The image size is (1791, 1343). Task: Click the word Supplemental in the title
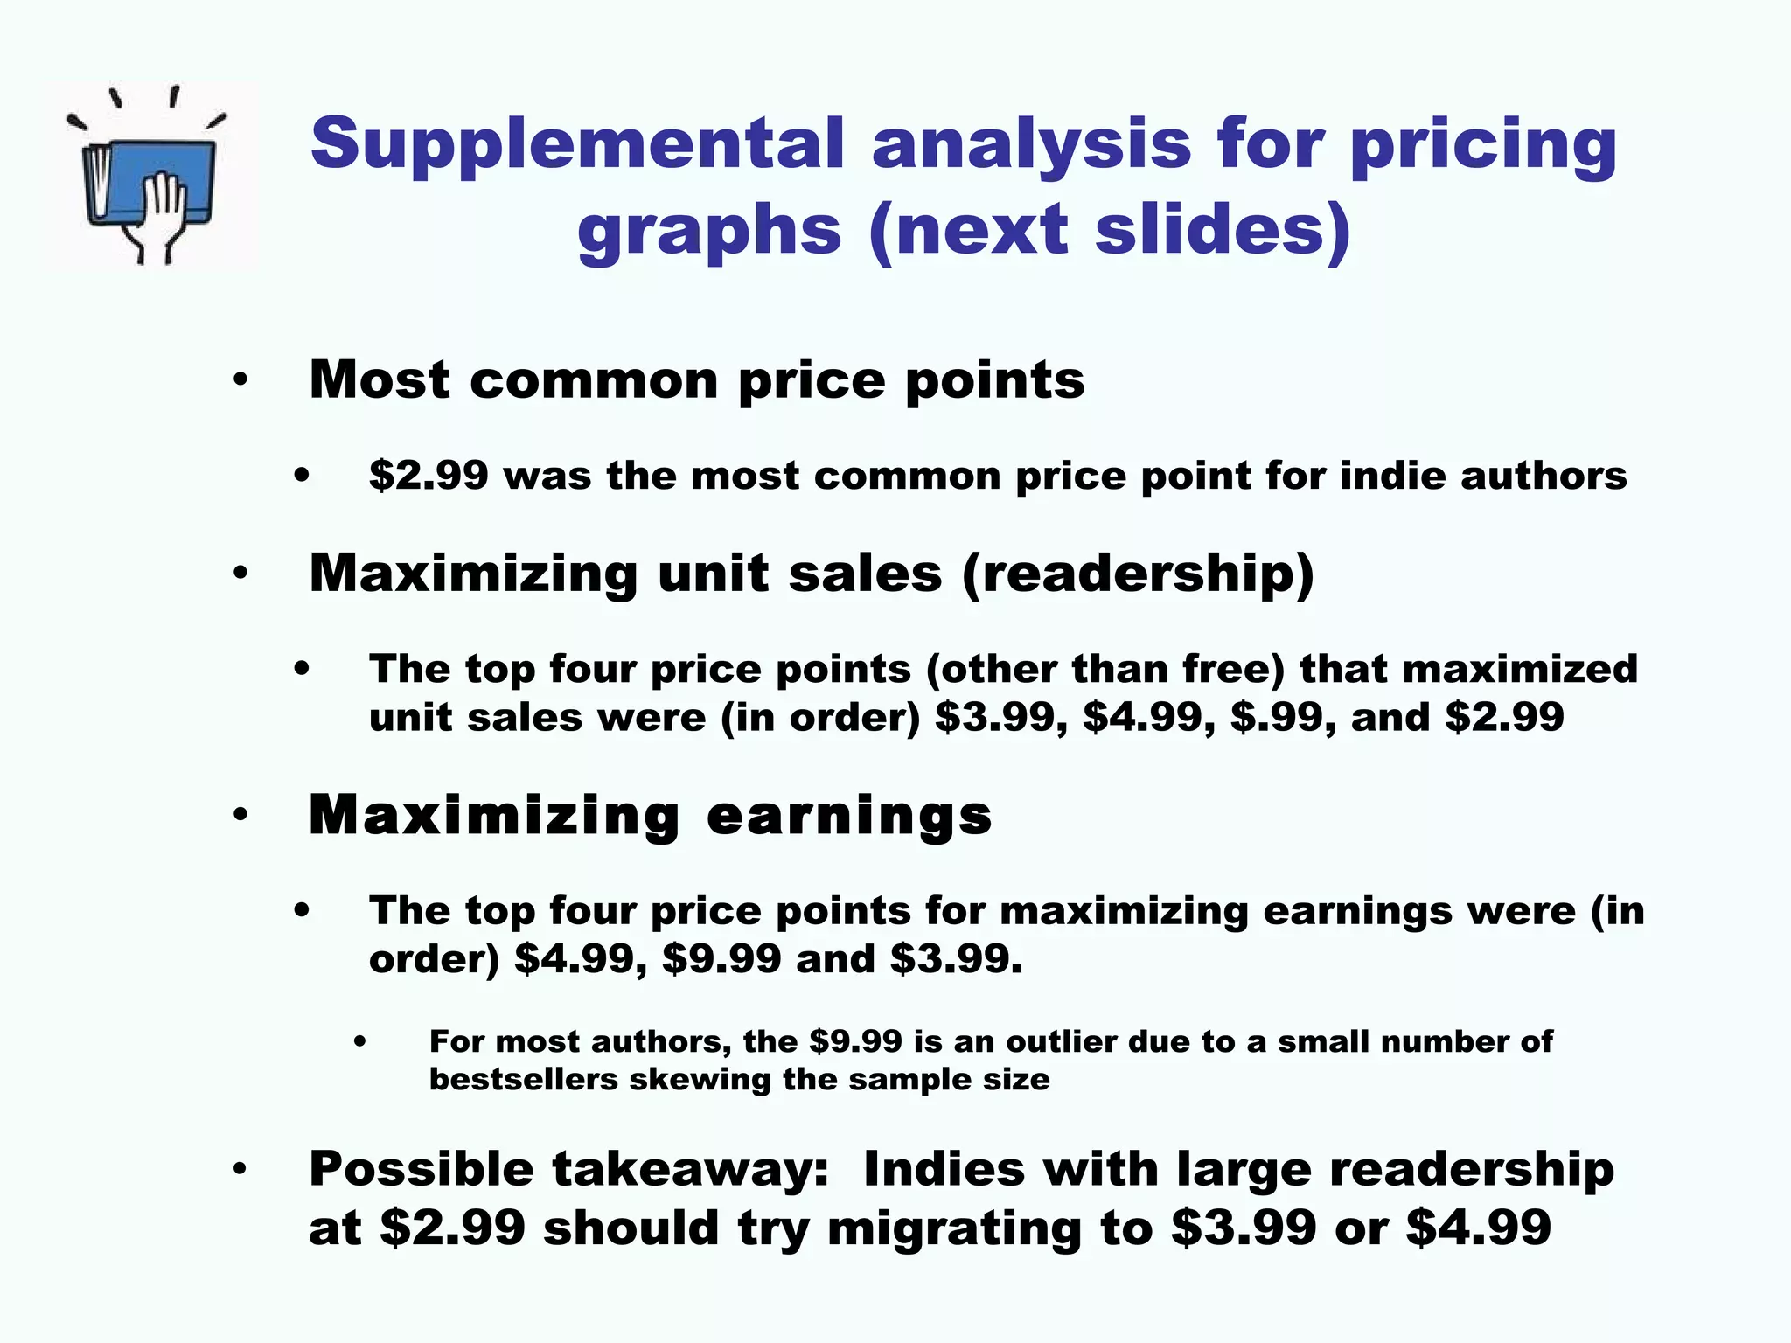click(x=577, y=144)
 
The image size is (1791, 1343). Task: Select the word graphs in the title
click(x=709, y=232)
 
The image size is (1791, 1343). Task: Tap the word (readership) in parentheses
click(x=1138, y=574)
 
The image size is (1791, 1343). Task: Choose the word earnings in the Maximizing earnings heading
click(x=849, y=816)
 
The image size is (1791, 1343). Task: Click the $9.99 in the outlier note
click(x=855, y=1042)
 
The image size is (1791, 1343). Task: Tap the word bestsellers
click(x=523, y=1080)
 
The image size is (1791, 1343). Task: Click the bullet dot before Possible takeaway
click(x=240, y=1170)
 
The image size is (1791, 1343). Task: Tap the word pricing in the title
click(x=1483, y=144)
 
